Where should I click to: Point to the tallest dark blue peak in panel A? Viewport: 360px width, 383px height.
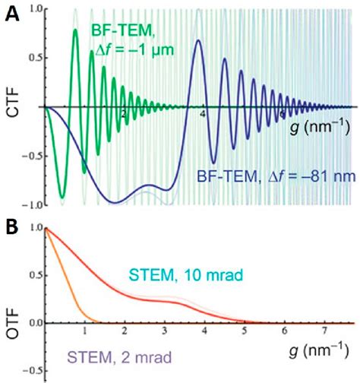pyautogui.click(x=198, y=41)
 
